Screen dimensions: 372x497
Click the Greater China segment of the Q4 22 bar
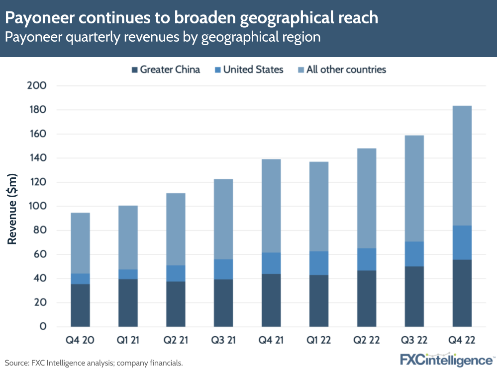pyautogui.click(x=462, y=293)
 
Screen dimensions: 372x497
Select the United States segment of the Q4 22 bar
pyautogui.click(x=462, y=242)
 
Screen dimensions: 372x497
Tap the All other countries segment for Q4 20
pyautogui.click(x=80, y=243)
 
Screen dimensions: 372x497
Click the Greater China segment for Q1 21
pyautogui.click(x=128, y=303)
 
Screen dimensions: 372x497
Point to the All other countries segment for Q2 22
pyautogui.click(x=367, y=198)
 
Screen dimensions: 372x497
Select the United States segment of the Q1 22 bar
pyautogui.click(x=319, y=263)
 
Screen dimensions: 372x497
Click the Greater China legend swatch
pyautogui.click(x=134, y=70)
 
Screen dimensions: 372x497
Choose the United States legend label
pyautogui.click(x=253, y=70)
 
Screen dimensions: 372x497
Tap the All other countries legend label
pyautogui.click(x=346, y=70)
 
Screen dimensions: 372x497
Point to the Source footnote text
pyautogui.click(x=94, y=363)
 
